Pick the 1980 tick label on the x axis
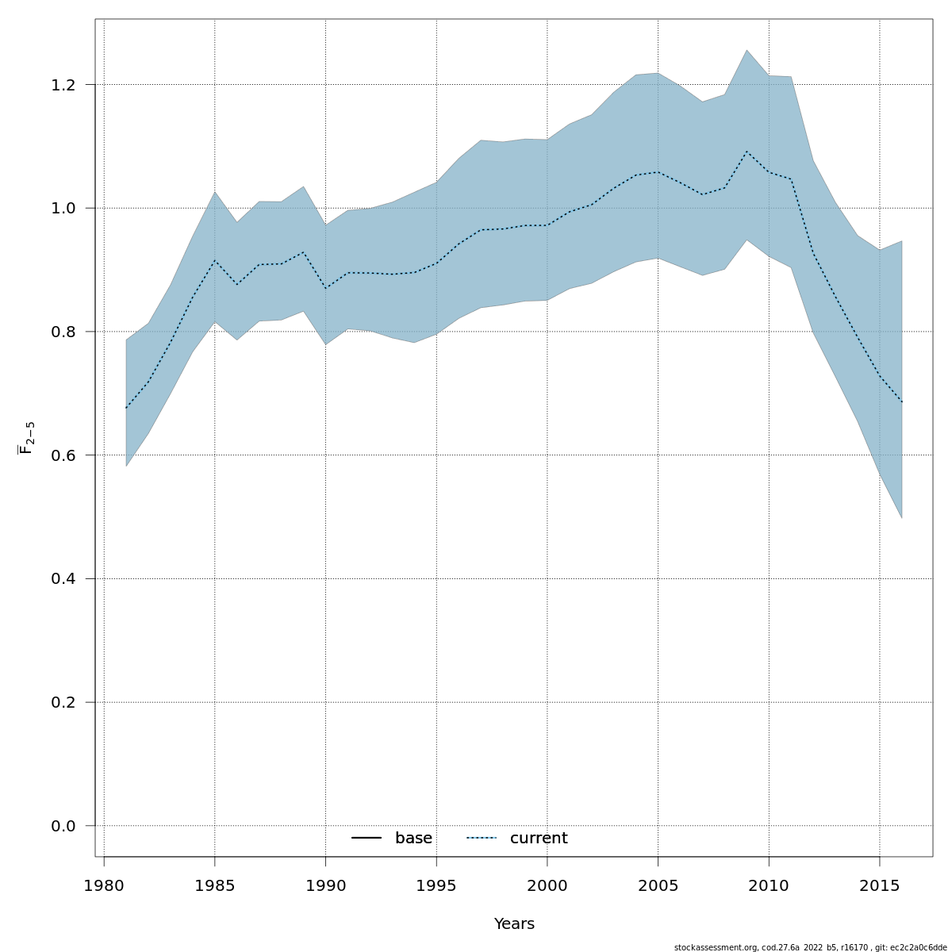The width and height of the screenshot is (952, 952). pos(104,885)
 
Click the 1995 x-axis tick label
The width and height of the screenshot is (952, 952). pos(436,885)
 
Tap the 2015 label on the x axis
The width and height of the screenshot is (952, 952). pos(879,885)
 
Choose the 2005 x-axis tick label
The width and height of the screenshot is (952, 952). pos(657,885)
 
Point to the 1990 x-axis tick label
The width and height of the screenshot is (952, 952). pos(325,885)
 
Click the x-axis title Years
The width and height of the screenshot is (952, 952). pos(514,924)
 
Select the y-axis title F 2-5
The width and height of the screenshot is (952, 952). pos(26,438)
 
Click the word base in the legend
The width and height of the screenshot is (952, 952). pos(413,839)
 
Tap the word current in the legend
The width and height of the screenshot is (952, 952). pos(539,839)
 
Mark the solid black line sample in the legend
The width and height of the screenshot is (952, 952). pos(367,839)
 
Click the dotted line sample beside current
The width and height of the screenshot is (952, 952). pos(482,839)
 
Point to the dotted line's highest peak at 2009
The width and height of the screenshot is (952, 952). pos(747,151)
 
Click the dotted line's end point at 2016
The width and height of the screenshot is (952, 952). pos(901,401)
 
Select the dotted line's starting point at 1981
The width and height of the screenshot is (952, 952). pos(126,409)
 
